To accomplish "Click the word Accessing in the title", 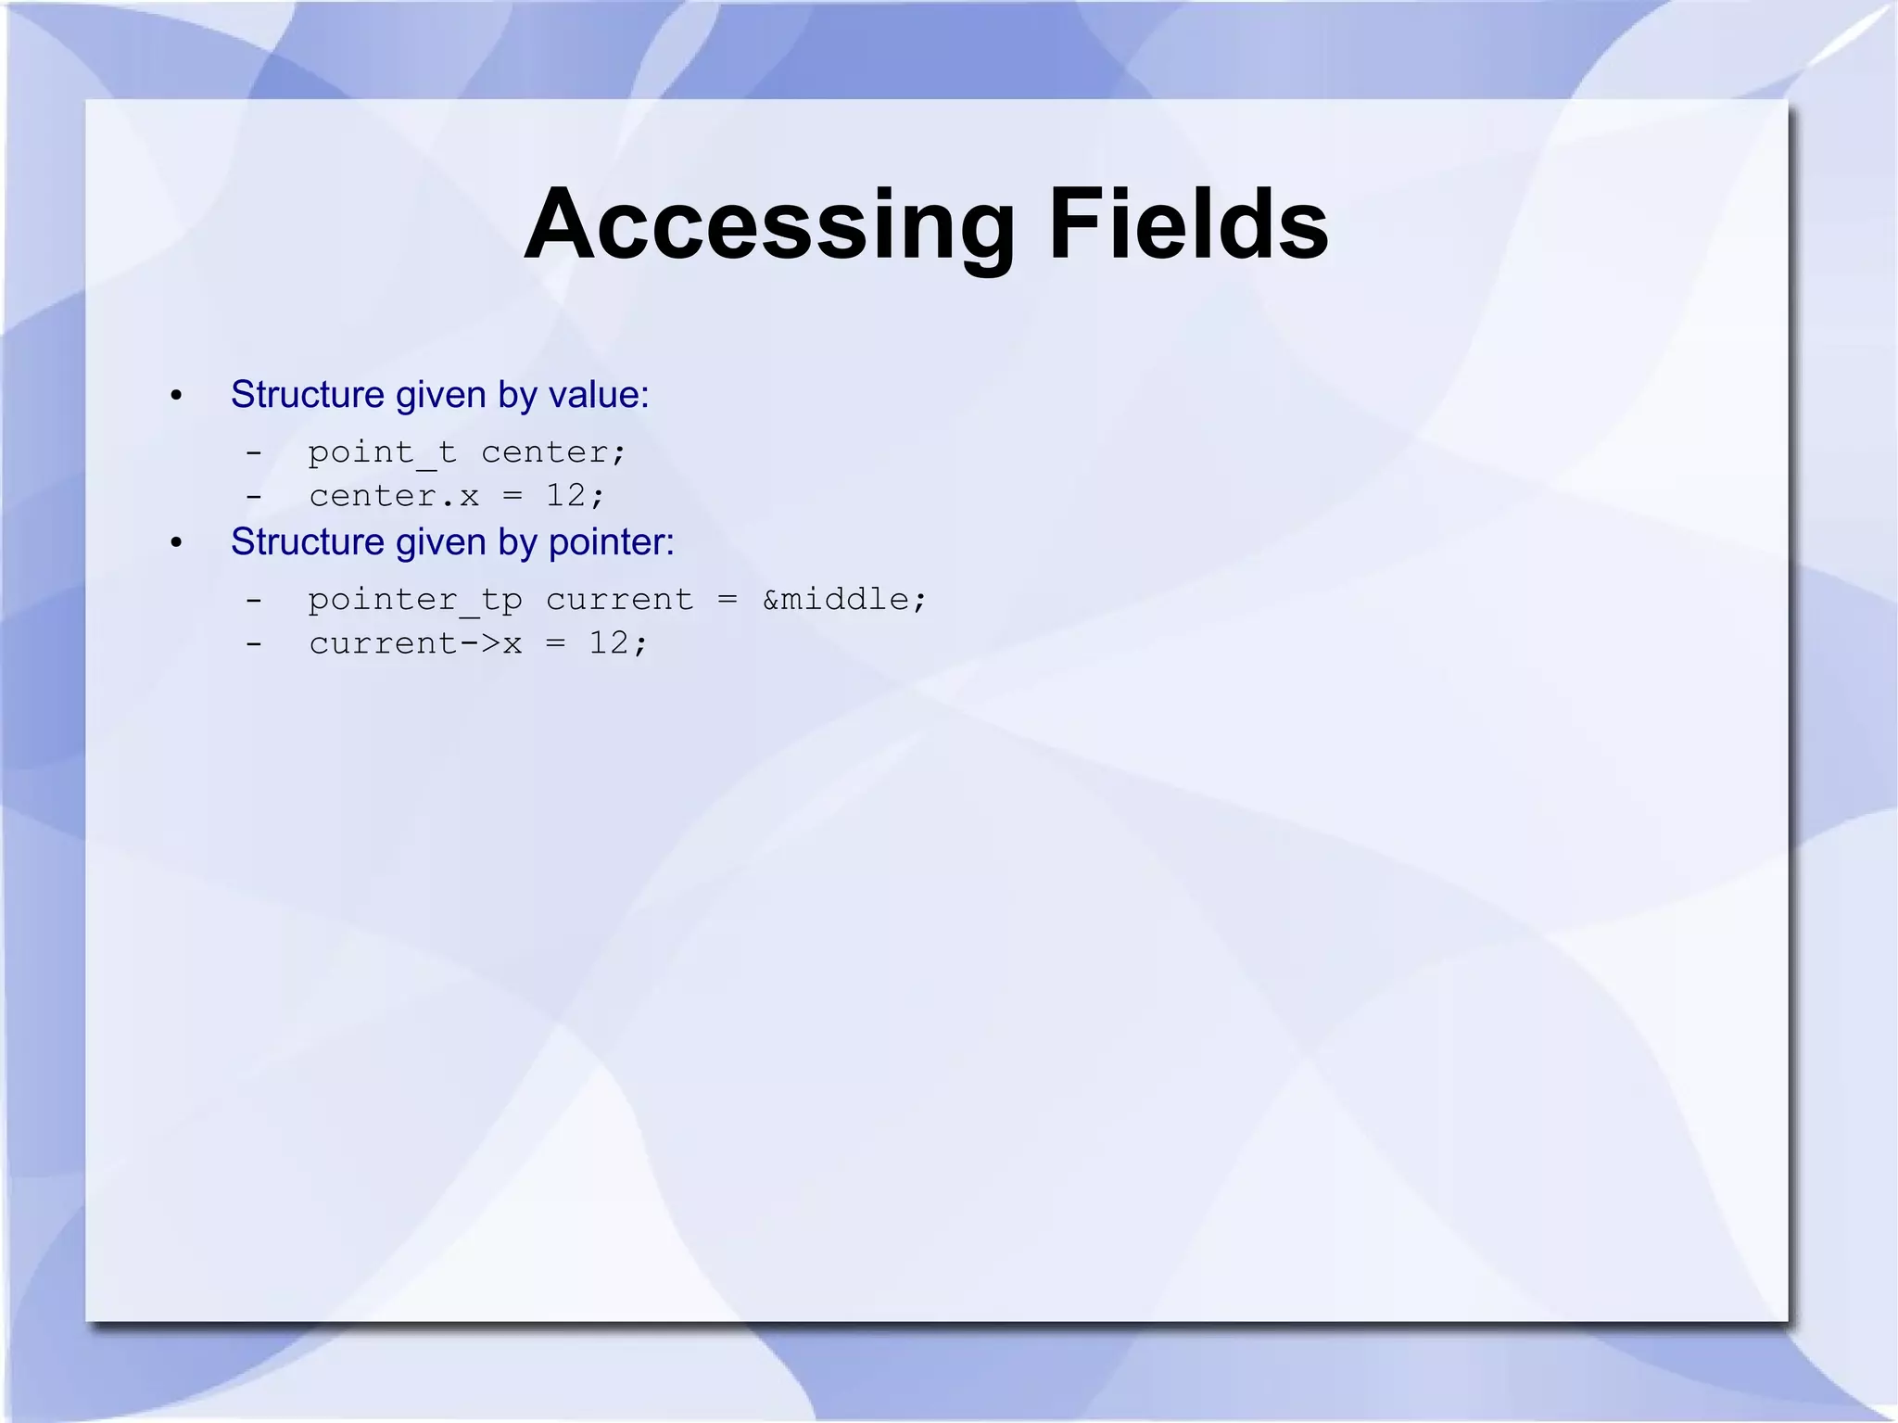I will coord(769,225).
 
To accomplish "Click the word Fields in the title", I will coord(1188,225).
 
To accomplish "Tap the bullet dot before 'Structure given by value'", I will coord(177,397).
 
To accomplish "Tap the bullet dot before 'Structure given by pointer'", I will coord(177,543).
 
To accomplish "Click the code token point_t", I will coord(382,452).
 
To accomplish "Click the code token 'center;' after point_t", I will coord(553,452).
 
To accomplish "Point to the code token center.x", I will coord(394,496).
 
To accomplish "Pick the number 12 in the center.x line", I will coord(565,495).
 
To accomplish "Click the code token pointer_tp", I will coord(415,600).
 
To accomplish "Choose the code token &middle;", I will coord(843,600).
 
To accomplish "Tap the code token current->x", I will coord(415,643).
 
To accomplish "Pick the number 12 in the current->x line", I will coord(609,642).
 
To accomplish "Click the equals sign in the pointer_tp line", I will coord(728,600).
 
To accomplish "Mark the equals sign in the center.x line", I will coord(512,496).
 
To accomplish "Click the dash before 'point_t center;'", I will coord(254,453).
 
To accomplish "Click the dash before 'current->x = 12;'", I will coord(254,643).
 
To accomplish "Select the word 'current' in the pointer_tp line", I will coord(619,600).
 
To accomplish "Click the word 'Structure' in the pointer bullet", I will coord(307,542).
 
